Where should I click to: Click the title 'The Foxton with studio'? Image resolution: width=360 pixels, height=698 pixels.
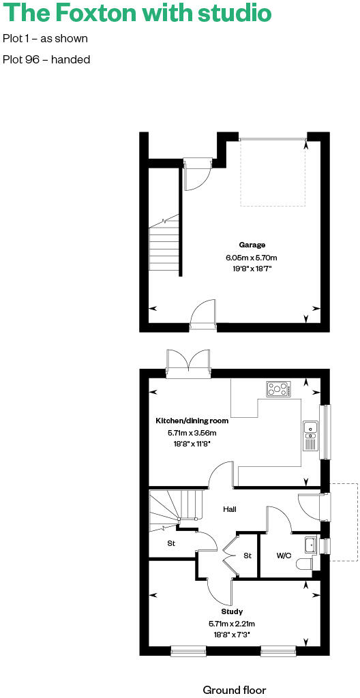coord(136,13)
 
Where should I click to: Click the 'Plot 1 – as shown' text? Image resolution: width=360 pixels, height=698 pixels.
coord(45,39)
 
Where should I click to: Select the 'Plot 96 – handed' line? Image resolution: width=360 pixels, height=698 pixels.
coord(46,59)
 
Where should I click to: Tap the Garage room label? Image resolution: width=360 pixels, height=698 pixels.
coord(252,245)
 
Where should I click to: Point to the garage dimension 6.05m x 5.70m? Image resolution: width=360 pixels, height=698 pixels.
coord(252,257)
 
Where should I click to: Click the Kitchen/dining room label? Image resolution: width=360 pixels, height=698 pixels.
coord(192,421)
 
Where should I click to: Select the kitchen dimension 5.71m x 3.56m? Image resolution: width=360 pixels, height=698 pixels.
coord(192,433)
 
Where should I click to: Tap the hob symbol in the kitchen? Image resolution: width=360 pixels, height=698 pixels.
coord(279,389)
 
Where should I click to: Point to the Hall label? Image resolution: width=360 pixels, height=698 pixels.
coord(230,509)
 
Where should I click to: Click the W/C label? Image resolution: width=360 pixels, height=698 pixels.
coord(284,556)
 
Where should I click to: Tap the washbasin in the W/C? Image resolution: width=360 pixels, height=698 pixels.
coord(311,544)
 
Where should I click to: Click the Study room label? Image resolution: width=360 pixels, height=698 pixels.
coord(232,611)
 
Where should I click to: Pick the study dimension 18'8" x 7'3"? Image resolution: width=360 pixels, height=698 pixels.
coord(232,635)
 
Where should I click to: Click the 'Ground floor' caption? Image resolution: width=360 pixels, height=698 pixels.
coord(234,690)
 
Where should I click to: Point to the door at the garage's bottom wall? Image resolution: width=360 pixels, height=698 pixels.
coord(204,317)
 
